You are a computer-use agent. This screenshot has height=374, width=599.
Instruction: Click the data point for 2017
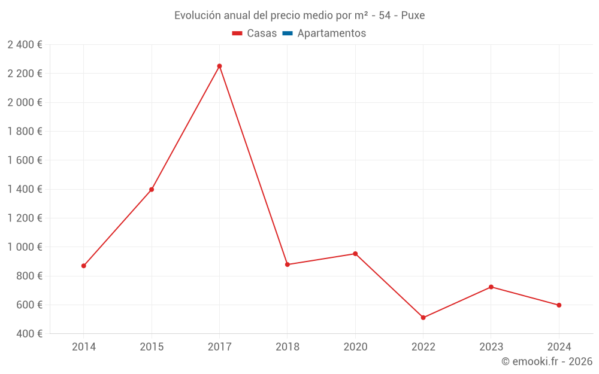pyautogui.click(x=219, y=66)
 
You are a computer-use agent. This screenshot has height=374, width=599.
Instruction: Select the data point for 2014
pyautogui.click(x=84, y=266)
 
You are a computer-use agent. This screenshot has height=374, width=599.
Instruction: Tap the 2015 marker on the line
pyautogui.click(x=152, y=190)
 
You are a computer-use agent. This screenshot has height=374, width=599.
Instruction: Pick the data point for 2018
pyautogui.click(x=288, y=264)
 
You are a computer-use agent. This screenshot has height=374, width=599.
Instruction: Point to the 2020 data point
pyautogui.click(x=355, y=254)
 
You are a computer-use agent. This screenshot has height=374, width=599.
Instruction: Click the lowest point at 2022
pyautogui.click(x=423, y=318)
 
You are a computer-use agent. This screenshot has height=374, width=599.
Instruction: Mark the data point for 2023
pyautogui.click(x=491, y=287)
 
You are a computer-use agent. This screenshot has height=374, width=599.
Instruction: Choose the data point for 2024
pyautogui.click(x=559, y=305)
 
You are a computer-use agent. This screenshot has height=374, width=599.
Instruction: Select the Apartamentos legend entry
pyautogui.click(x=331, y=34)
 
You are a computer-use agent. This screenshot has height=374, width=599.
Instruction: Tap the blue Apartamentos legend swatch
pyautogui.click(x=288, y=34)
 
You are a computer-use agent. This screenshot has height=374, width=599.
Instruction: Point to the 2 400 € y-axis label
pyautogui.click(x=25, y=44)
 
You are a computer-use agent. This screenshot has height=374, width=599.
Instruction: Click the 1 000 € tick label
pyautogui.click(x=25, y=247)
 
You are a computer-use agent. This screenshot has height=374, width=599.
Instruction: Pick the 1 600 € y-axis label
pyautogui.click(x=25, y=160)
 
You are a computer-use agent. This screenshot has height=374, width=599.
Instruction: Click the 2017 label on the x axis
pyautogui.click(x=219, y=346)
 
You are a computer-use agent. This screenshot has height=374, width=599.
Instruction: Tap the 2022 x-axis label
pyautogui.click(x=423, y=346)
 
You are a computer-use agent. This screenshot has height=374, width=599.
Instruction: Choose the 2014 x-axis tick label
pyautogui.click(x=84, y=346)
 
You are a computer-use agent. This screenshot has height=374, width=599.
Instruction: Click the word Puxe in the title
pyautogui.click(x=413, y=16)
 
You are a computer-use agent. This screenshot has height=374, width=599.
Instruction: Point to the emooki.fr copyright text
pyautogui.click(x=547, y=361)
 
